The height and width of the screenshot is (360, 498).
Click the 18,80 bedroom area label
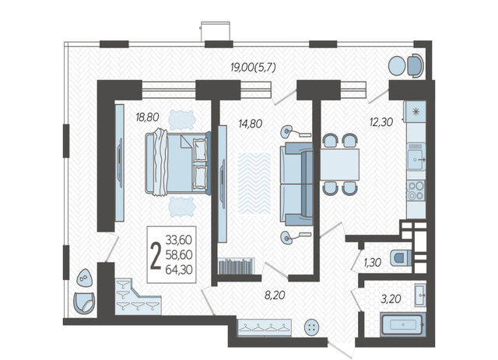click(x=147, y=117)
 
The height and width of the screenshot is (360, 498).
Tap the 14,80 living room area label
click(x=251, y=124)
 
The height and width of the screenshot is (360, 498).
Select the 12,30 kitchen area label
click(x=381, y=121)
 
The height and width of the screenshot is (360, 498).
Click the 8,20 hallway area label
click(x=275, y=295)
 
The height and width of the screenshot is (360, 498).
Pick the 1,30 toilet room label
click(x=372, y=263)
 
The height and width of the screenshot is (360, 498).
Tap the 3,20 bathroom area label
click(x=391, y=299)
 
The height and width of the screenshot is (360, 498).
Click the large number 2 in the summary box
click(x=156, y=256)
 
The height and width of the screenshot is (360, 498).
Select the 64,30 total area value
click(x=179, y=270)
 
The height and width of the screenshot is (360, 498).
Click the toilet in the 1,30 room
click(x=401, y=257)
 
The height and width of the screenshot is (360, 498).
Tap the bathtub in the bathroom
click(x=403, y=324)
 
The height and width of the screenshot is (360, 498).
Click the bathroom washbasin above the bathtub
click(x=420, y=295)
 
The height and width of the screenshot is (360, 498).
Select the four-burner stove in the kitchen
click(x=416, y=190)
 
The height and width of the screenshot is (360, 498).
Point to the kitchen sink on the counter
click(x=416, y=157)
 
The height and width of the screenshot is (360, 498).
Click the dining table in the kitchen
click(x=339, y=164)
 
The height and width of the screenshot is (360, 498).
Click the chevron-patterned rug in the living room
click(x=254, y=183)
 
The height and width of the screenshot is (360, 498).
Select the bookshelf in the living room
click(x=237, y=266)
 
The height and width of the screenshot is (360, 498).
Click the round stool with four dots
click(x=311, y=327)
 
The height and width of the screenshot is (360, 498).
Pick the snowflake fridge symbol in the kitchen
click(x=416, y=112)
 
